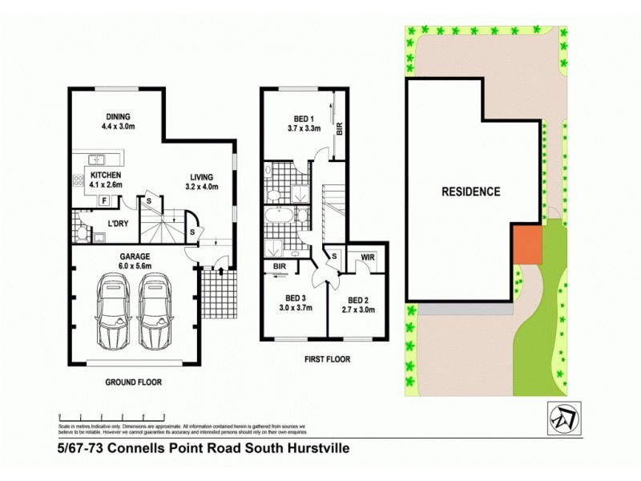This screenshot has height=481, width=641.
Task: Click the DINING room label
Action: click(118, 115)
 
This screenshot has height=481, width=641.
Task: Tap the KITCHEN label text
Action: click(105, 174)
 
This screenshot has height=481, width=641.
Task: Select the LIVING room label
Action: click(204, 177)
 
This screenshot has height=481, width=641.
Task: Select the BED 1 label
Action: click(304, 117)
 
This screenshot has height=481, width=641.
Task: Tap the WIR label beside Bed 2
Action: click(368, 257)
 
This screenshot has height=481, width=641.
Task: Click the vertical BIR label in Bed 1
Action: click(340, 128)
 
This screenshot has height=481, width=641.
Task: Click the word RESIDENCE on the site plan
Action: click(471, 192)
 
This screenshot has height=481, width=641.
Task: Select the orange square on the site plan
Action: click(527, 244)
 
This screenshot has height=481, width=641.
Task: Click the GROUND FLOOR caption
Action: click(133, 382)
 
